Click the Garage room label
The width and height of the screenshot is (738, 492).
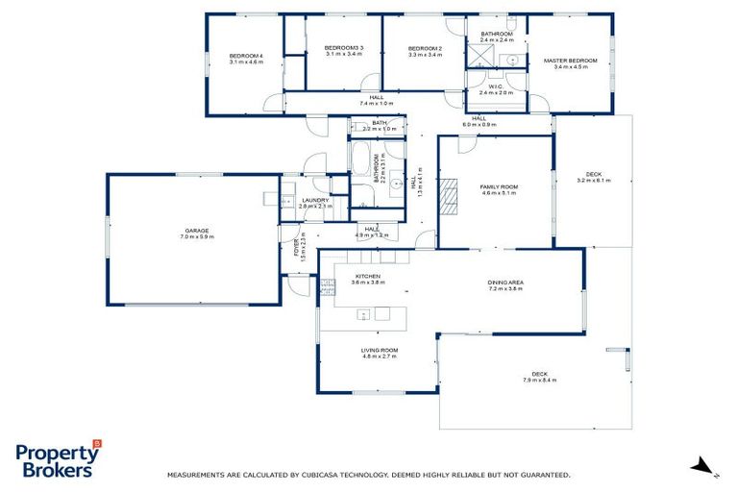click(196, 231)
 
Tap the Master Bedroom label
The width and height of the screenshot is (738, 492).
click(570, 61)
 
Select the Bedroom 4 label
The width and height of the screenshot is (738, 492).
click(246, 56)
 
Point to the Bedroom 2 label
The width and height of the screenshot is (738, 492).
click(424, 48)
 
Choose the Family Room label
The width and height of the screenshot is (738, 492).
click(500, 186)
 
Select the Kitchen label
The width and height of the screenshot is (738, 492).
click(367, 276)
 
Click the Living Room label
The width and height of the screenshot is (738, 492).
click(380, 350)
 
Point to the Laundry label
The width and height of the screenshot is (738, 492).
click(315, 200)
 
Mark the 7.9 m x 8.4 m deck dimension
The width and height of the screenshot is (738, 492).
click(541, 381)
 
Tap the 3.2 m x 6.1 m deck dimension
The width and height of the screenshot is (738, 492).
click(594, 181)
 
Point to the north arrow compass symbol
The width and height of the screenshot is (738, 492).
click(703, 466)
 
